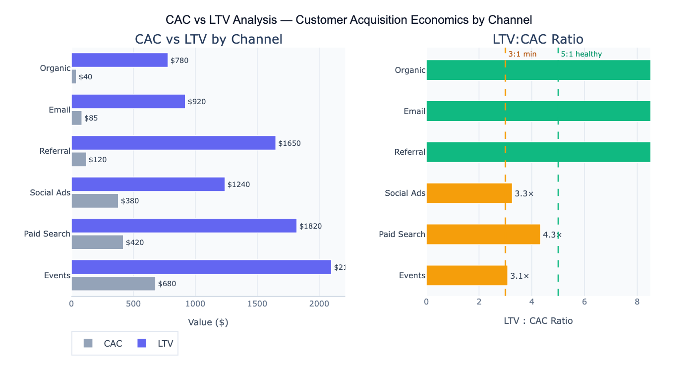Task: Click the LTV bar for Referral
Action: (174, 143)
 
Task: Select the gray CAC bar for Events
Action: (114, 284)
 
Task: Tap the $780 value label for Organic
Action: (179, 61)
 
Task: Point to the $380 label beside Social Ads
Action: (130, 201)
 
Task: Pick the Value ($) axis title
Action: (208, 322)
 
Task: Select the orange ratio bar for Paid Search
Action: (483, 234)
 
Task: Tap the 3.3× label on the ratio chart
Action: (524, 193)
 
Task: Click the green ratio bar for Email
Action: (538, 111)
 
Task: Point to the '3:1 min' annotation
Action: (523, 54)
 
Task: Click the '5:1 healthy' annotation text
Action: (582, 54)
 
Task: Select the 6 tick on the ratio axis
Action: (584, 302)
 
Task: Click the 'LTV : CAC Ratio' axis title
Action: (538, 321)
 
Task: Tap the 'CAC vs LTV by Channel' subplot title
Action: (208, 39)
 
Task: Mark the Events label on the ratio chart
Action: (412, 275)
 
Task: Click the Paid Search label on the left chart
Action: (47, 234)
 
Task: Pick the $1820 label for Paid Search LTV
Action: (310, 226)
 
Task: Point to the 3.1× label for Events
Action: (520, 276)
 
